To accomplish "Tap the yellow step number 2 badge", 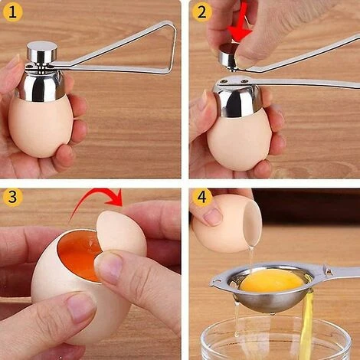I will pyautogui.click(x=202, y=13).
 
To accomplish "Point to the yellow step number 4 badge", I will pyautogui.click(x=202, y=198).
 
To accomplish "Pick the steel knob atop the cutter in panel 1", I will pyautogui.click(x=41, y=52).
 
